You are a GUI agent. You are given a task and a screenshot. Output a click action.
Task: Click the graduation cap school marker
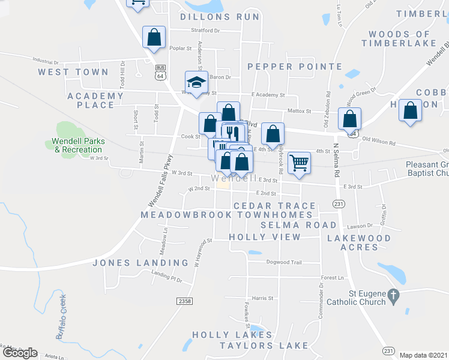pyautogui.click(x=196, y=83)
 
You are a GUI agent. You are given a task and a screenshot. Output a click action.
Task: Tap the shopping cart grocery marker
pyautogui.click(x=299, y=163)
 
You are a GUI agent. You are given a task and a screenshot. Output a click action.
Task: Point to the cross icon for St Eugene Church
pyautogui.click(x=393, y=295)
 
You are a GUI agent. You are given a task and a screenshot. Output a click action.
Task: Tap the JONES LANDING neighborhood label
pyautogui.click(x=140, y=263)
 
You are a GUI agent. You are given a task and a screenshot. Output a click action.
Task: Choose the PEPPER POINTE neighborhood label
pyautogui.click(x=295, y=67)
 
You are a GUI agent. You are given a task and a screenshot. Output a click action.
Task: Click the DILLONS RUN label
pyautogui.click(x=220, y=17)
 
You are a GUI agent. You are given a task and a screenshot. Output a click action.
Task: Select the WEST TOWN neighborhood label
pyautogui.click(x=73, y=72)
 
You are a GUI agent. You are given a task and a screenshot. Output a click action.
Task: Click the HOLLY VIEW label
pyautogui.click(x=265, y=238)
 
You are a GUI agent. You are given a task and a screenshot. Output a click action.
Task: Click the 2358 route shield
pyautogui.click(x=185, y=301)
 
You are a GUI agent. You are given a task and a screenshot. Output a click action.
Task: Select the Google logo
pyautogui.click(x=19, y=353)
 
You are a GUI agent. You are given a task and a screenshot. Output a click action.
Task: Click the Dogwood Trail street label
pyautogui.click(x=283, y=262)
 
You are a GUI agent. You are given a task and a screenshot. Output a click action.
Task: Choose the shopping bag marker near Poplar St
pyautogui.click(x=154, y=37)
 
